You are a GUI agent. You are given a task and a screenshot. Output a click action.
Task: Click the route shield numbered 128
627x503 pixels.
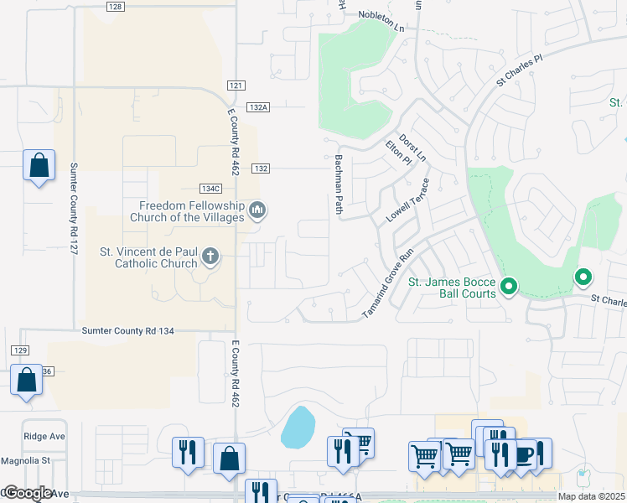116,7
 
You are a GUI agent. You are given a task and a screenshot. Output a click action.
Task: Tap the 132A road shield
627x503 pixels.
258,107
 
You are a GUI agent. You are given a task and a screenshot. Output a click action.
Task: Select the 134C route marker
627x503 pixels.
210,188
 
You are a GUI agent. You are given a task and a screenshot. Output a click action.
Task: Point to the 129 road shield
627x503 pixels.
21,349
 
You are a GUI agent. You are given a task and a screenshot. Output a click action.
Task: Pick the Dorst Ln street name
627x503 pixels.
412,148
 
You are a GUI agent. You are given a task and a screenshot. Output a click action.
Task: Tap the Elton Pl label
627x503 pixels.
394,153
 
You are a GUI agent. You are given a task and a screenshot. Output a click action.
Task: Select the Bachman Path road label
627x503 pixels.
339,184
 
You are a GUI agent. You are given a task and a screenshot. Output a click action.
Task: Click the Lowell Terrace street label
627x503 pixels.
407,200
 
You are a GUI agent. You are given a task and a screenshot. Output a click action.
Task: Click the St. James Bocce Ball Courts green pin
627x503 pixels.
508,288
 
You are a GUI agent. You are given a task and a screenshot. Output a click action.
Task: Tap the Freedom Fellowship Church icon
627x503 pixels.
258,210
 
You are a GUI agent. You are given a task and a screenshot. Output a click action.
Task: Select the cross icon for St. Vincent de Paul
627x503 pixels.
210,257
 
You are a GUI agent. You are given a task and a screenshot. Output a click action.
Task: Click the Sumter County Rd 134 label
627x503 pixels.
127,331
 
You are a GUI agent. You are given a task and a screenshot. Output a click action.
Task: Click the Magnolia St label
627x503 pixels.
26,460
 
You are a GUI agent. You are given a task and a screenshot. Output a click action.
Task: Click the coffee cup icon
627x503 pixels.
524,454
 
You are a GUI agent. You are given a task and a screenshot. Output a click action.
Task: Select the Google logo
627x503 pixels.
28,493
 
